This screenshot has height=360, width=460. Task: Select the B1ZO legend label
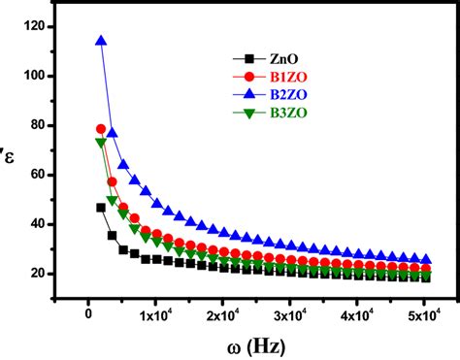[x=271, y=76]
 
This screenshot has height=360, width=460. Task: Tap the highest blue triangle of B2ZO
[x=101, y=41]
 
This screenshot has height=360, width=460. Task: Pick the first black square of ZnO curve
[x=101, y=208]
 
